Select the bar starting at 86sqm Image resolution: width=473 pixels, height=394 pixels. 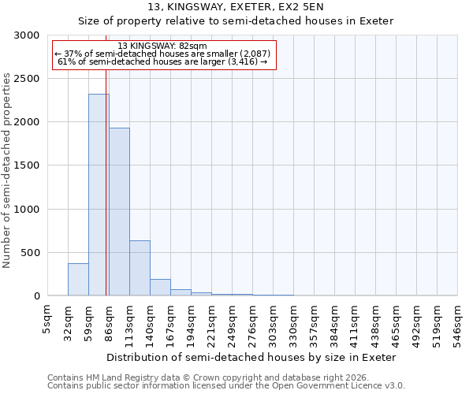tap(119, 212)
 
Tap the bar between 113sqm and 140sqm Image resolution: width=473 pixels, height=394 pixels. tap(140, 268)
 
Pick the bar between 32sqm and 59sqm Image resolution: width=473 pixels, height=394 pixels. tap(78, 280)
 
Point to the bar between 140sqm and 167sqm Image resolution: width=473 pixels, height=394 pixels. tap(160, 288)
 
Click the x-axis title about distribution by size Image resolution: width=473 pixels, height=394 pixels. tap(252, 357)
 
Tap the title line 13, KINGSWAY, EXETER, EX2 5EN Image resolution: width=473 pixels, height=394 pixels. tap(236, 7)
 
